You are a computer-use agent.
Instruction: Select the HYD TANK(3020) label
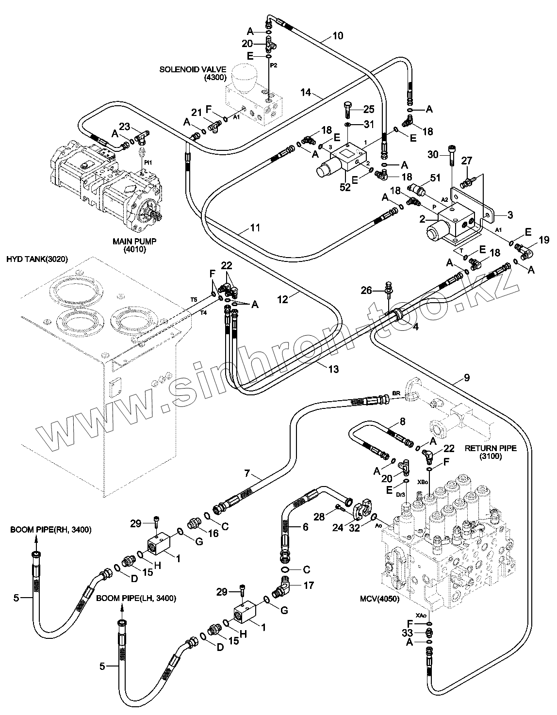tap(37, 260)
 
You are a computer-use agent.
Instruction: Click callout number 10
tap(338, 35)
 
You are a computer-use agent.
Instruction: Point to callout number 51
tap(435, 178)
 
